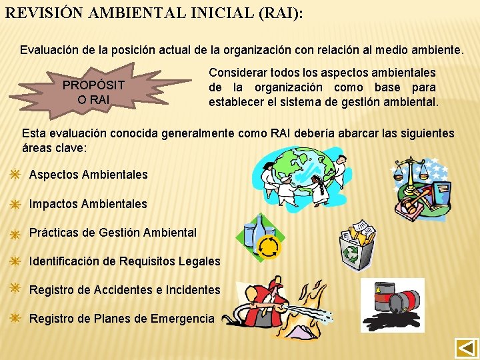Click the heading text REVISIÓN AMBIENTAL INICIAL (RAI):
click(x=154, y=14)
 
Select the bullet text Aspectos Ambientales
click(x=89, y=175)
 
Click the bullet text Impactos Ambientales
click(x=88, y=204)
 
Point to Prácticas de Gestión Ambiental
click(x=113, y=233)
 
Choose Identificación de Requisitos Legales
click(x=125, y=261)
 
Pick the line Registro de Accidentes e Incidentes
click(x=125, y=290)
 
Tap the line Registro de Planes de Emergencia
click(x=122, y=319)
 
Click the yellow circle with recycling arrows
click(x=269, y=247)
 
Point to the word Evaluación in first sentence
click(x=49, y=50)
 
